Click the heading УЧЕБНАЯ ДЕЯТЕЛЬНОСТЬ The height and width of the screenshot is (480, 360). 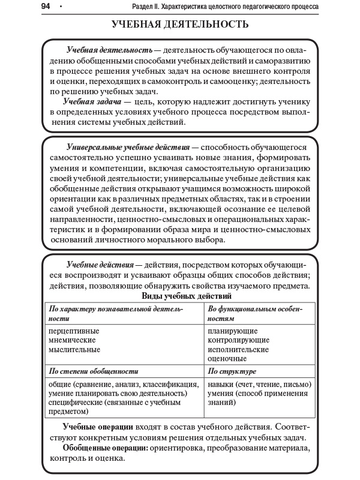pos(180,25)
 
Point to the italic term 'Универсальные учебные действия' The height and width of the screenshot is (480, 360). pos(128,147)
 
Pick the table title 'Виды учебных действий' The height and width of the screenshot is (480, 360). pos(186,296)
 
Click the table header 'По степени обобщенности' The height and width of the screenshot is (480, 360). pos(94,371)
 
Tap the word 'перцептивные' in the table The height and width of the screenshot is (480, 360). pos(74,331)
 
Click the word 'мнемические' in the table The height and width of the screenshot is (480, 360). pos(72,340)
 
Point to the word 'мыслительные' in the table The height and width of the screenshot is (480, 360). pos(74,349)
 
